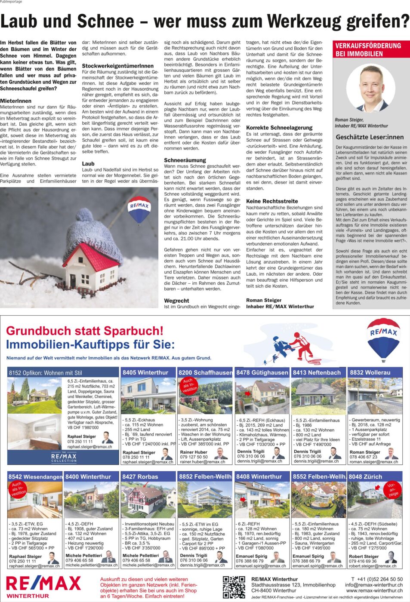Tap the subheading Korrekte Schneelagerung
(x=279, y=128)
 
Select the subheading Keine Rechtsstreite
(x=272, y=201)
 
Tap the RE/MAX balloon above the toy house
(x=139, y=209)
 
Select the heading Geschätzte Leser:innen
(x=370, y=137)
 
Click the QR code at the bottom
(x=234, y=587)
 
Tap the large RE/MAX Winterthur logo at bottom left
(x=43, y=586)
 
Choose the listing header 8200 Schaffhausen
(x=205, y=372)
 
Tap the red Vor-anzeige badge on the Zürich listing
(x=391, y=489)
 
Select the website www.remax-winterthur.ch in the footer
(x=374, y=590)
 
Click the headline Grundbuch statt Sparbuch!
(x=85, y=331)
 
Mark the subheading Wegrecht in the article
(x=176, y=301)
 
